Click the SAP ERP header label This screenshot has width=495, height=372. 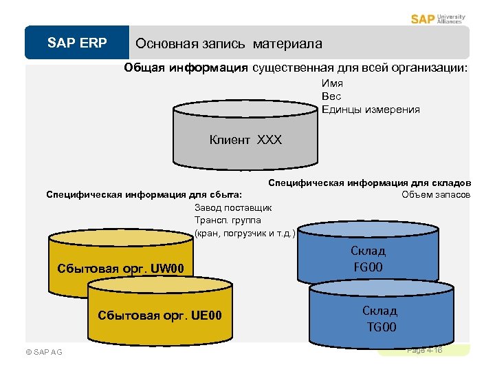[x=77, y=43]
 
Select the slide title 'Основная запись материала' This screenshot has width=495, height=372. [x=228, y=44]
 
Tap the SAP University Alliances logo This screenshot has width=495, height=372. [x=438, y=19]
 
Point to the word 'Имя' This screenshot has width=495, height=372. [x=330, y=83]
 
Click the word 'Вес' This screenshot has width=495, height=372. [x=331, y=96]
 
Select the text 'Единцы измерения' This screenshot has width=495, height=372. [x=371, y=110]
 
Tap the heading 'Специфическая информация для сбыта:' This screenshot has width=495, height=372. [x=144, y=194]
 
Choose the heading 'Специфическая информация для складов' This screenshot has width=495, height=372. [x=369, y=183]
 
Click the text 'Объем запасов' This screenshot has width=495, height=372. [x=436, y=194]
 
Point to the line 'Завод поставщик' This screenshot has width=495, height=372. [x=233, y=207]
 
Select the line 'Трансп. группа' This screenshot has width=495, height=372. [x=228, y=220]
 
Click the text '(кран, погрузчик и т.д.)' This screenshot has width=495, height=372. [x=245, y=233]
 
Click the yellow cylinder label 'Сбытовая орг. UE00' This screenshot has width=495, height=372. [x=160, y=316]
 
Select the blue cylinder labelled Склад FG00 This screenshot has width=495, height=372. [x=368, y=258]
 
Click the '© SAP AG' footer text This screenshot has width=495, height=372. [x=43, y=352]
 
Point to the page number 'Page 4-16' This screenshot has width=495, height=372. [x=424, y=351]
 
